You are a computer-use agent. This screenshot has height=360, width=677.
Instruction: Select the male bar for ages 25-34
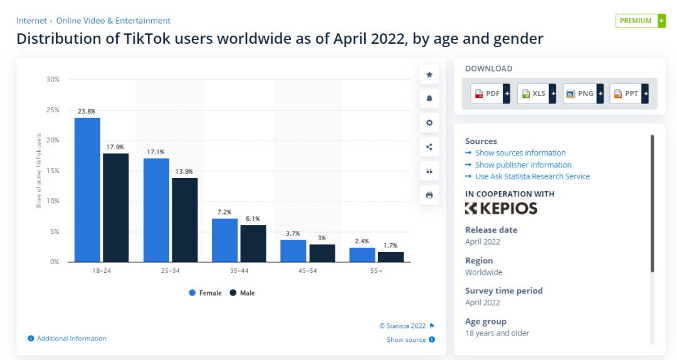(184, 220)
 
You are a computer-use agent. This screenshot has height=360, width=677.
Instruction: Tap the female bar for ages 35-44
(224, 240)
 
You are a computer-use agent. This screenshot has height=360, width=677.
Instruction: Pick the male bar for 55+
(391, 257)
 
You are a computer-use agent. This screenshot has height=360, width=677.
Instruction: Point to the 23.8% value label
(87, 111)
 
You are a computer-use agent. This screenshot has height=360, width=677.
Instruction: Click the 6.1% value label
(253, 218)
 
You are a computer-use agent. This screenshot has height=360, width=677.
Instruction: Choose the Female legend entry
(206, 293)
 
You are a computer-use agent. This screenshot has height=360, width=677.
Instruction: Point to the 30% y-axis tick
(53, 79)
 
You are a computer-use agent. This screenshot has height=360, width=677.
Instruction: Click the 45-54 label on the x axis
(307, 270)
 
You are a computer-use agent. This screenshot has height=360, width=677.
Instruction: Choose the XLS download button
(536, 93)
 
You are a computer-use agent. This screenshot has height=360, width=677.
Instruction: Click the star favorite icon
(429, 75)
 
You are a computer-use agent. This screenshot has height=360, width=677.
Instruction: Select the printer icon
(429, 195)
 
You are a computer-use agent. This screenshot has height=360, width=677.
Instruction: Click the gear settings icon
(429, 123)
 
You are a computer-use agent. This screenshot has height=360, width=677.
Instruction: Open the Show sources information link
(520, 153)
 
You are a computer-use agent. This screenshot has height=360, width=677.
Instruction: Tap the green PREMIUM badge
(640, 21)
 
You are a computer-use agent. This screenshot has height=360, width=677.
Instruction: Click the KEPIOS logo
(501, 208)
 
